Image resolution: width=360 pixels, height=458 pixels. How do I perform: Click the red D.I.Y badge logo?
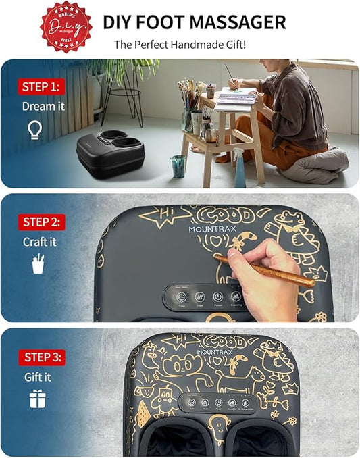(x=66, y=26)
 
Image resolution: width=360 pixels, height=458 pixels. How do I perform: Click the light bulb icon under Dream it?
(x=35, y=129)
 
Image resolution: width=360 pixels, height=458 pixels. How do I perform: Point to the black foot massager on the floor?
(x=110, y=155)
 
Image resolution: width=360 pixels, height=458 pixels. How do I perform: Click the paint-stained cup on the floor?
(x=178, y=166)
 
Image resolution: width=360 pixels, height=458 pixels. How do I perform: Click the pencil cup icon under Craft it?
(x=38, y=263)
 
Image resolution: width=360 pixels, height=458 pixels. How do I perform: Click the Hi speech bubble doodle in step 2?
(x=160, y=215)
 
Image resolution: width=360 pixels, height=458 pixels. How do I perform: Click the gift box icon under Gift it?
(x=37, y=399)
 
